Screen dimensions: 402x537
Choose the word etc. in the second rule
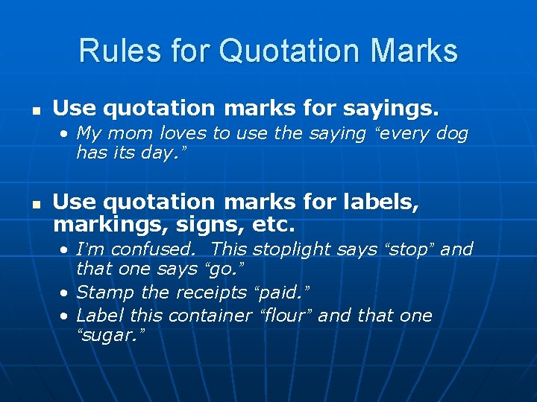tap(276, 223)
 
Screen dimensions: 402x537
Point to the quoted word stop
tap(409, 249)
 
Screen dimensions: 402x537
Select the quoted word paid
tap(285, 293)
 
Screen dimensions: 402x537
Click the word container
tap(210, 316)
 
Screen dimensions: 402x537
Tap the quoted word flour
tap(286, 316)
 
